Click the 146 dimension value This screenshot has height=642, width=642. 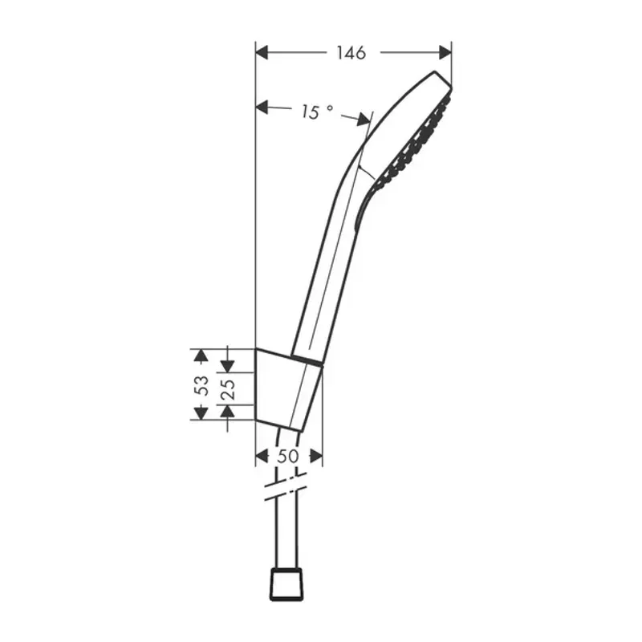[x=351, y=53]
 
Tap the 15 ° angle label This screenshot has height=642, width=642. [x=316, y=112]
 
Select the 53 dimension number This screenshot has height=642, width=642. [x=201, y=385]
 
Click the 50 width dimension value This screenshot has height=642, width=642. [x=289, y=456]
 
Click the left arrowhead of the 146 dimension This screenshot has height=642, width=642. [x=262, y=53]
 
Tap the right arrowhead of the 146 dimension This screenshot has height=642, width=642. [x=445, y=53]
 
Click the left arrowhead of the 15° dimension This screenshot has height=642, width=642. [x=262, y=106]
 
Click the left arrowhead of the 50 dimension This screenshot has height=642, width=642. [x=261, y=456]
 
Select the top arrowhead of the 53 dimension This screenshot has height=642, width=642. [x=201, y=356]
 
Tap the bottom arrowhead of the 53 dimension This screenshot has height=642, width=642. [x=201, y=413]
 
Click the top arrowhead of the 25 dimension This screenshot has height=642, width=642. [x=228, y=365]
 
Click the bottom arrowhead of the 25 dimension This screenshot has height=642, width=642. [x=228, y=411]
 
